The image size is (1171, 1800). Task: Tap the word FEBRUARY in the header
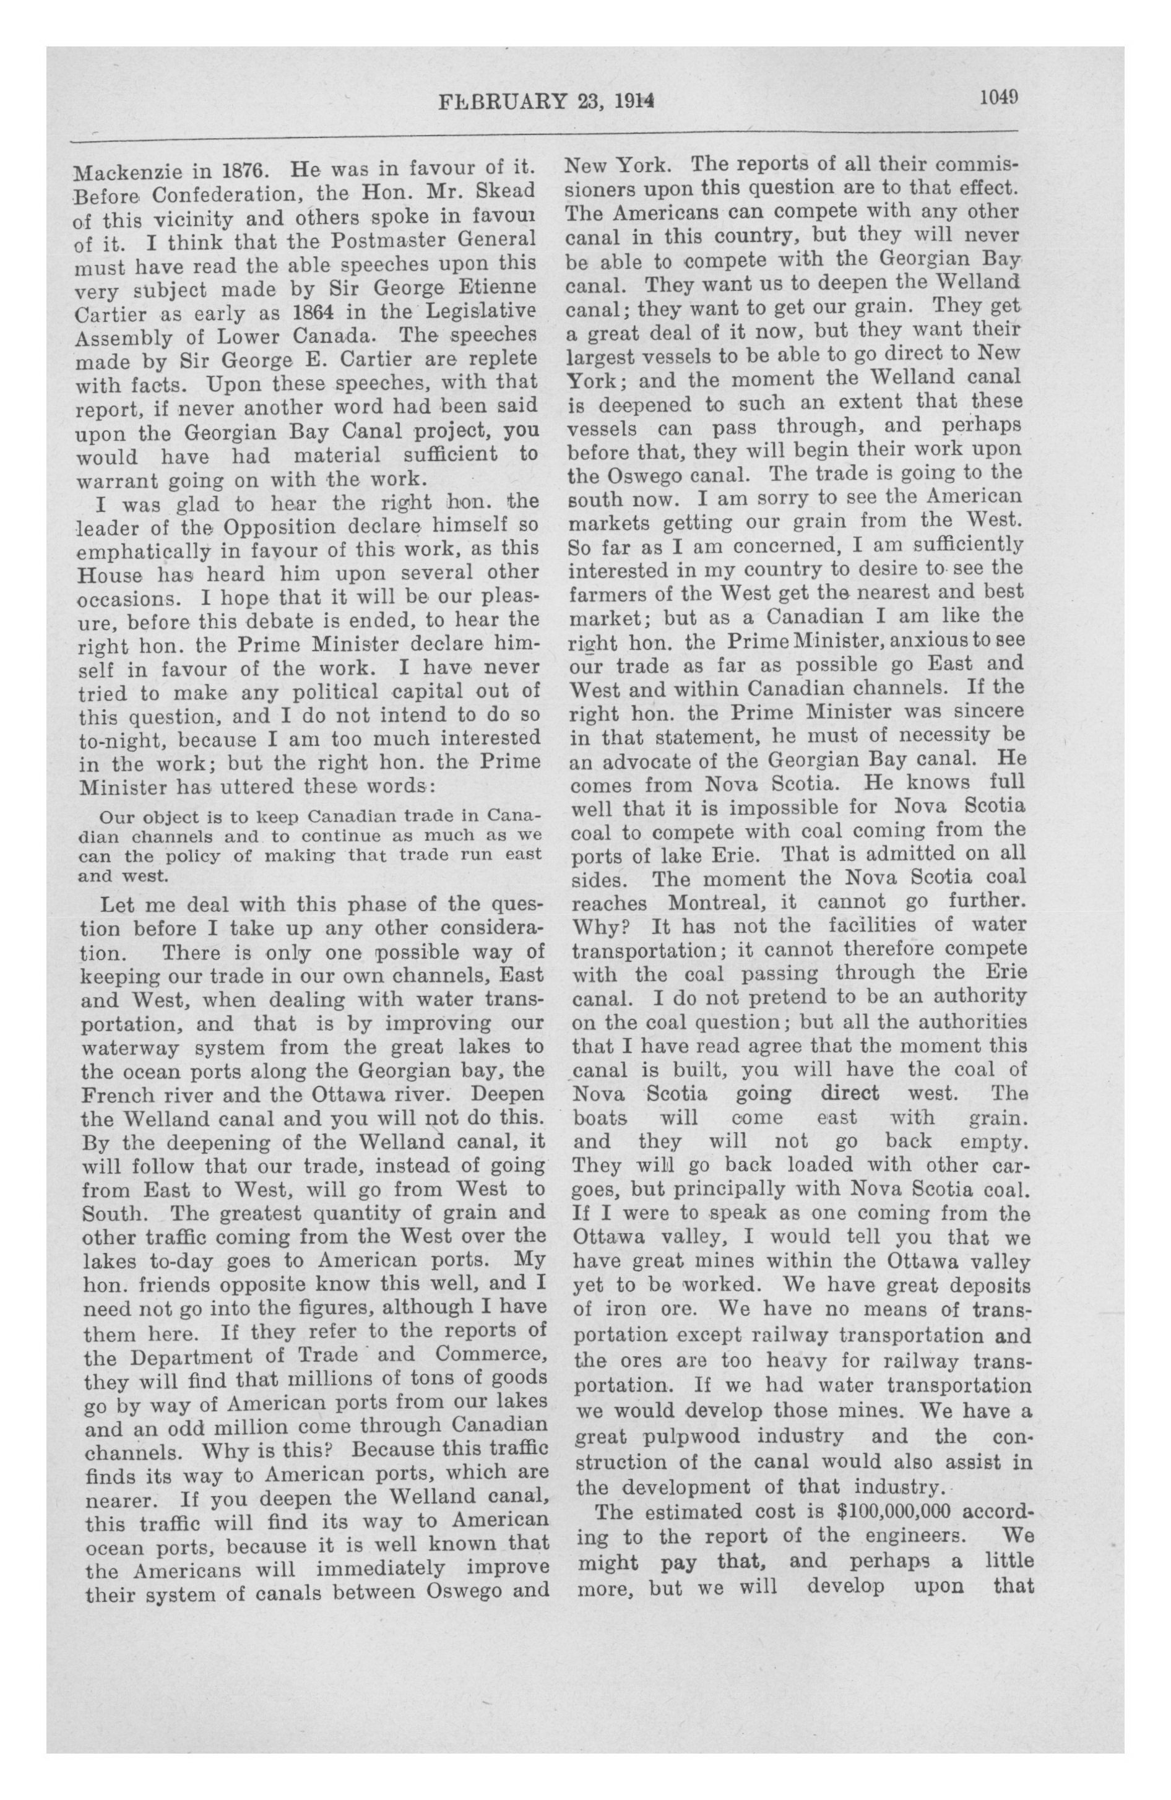[500, 102]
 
